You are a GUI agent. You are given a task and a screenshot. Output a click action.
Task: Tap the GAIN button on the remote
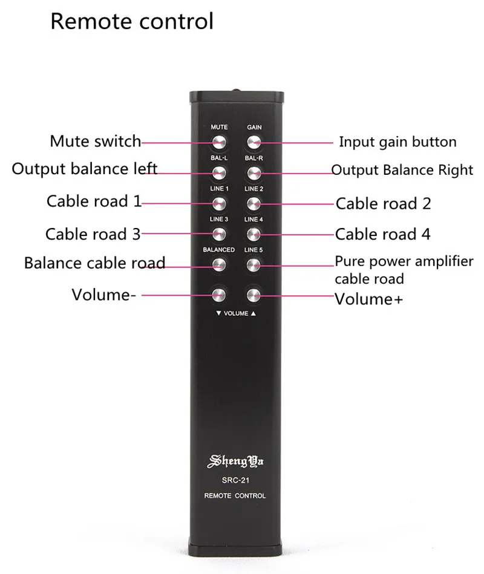point(253,142)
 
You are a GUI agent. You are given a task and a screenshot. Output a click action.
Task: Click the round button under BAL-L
point(219,173)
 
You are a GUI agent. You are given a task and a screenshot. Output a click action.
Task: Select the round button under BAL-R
point(253,173)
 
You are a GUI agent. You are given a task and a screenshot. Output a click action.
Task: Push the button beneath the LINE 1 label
point(219,203)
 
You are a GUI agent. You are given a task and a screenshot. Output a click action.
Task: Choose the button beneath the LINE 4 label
point(253,233)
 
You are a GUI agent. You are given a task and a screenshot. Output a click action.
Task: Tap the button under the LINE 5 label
point(253,264)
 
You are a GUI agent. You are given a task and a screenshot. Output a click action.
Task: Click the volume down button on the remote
point(219,295)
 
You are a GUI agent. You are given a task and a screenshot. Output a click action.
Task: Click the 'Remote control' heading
point(132,21)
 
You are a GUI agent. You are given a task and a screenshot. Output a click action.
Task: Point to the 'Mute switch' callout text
point(95,142)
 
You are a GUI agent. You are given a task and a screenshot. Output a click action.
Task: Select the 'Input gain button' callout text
point(397,142)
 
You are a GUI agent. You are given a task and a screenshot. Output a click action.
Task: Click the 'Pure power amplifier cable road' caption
point(404,270)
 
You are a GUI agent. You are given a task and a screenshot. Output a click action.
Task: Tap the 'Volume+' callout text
point(368,299)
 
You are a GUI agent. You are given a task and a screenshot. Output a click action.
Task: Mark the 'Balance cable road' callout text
point(94,263)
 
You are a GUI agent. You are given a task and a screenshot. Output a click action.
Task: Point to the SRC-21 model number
point(236,481)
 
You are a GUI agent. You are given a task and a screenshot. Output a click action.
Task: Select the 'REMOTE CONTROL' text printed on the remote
point(236,496)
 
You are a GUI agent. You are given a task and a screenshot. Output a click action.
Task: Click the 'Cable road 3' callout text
point(93,233)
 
